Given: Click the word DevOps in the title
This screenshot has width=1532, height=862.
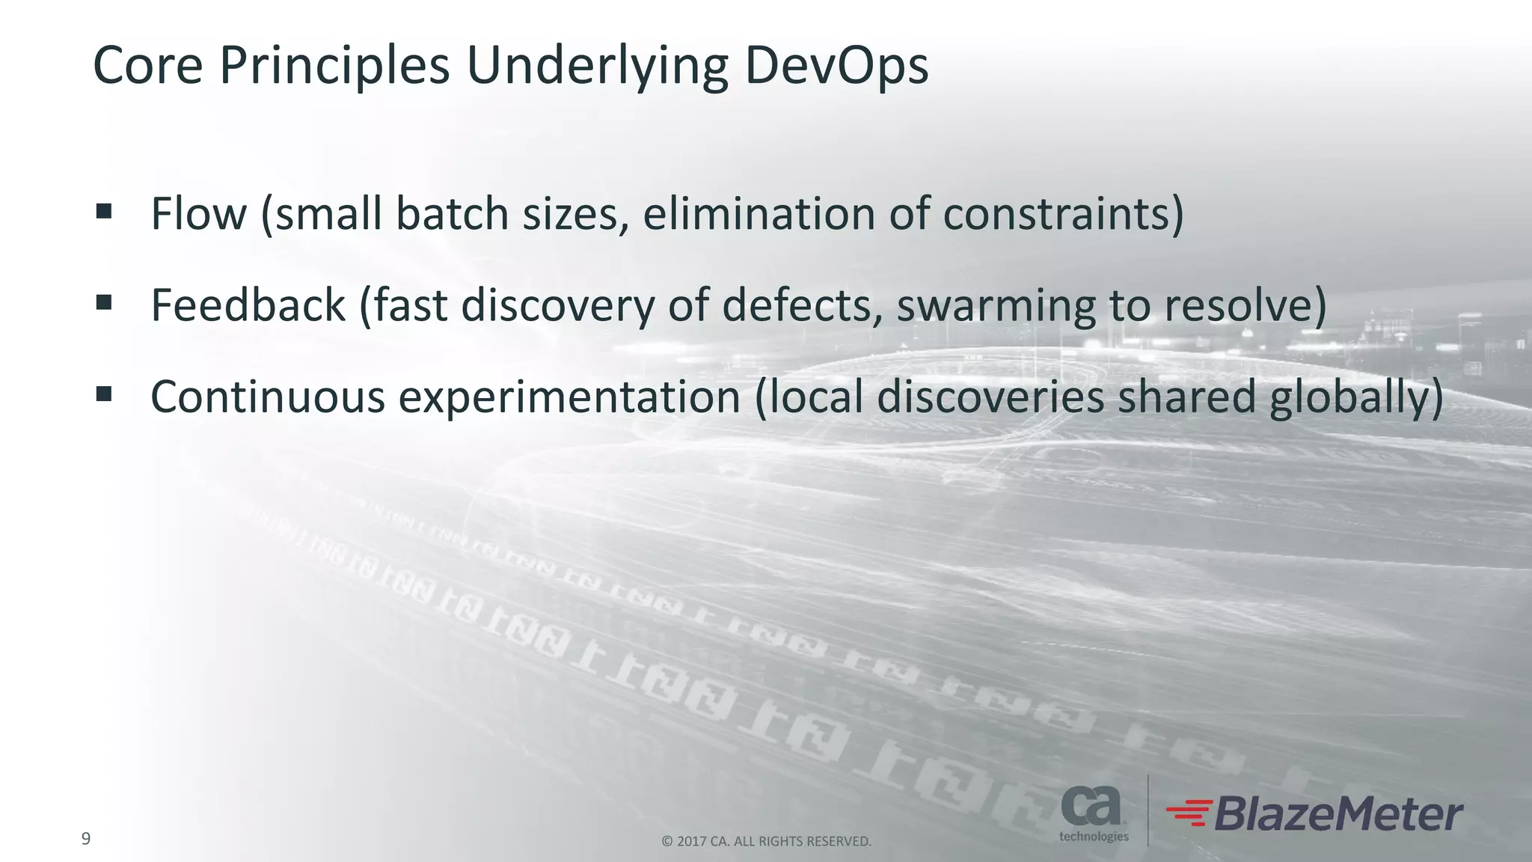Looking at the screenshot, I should [836, 66].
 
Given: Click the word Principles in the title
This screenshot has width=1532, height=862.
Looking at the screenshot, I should [334, 66].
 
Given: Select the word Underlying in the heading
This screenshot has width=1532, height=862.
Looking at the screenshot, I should [597, 66].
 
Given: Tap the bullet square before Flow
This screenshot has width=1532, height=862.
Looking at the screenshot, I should [104, 212].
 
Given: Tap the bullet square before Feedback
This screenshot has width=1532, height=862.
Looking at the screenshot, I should [104, 302].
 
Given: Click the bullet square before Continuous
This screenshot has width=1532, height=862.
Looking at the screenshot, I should [104, 394].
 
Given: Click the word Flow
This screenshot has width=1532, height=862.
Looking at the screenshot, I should [198, 213].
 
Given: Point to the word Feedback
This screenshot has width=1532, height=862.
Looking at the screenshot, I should [248, 305].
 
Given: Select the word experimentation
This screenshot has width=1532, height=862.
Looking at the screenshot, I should [569, 397].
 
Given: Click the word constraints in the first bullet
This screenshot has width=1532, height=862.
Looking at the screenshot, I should [1056, 213].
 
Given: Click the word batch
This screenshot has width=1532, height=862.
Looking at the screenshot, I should [452, 213].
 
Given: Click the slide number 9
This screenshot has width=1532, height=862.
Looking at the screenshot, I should [86, 839].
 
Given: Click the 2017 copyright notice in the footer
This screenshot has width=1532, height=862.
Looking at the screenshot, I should [766, 842].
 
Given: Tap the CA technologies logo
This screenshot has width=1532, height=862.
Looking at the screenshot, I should [1093, 813].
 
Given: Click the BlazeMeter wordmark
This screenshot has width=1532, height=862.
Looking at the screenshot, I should [1338, 814].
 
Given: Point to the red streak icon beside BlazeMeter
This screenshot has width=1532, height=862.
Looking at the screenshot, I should [1189, 813].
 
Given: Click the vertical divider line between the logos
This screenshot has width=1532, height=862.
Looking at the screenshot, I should [1148, 810].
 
